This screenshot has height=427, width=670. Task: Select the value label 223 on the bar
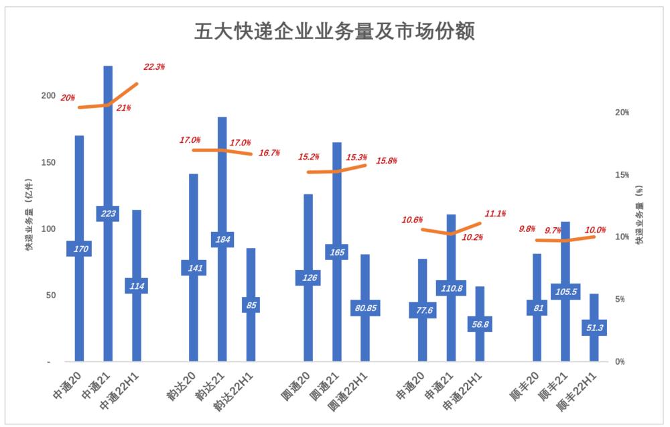108,214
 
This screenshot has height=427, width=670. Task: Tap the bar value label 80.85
365,308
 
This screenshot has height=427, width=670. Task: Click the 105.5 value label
565,292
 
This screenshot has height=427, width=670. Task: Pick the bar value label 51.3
594,328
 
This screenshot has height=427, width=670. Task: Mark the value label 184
222,239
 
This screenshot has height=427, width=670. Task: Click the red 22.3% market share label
154,67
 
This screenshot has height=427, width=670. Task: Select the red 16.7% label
269,153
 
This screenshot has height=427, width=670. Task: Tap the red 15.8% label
387,161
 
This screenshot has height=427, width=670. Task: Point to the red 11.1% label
496,213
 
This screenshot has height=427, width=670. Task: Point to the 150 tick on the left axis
47,162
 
